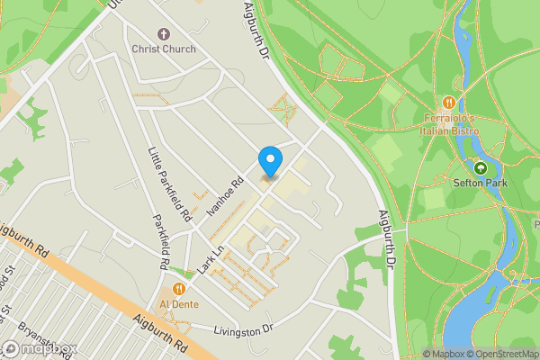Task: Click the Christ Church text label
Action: pyautogui.click(x=163, y=48)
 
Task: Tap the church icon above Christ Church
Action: pyautogui.click(x=163, y=32)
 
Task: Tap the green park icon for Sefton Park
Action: pyautogui.click(x=481, y=166)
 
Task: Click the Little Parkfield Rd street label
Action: pyautogui.click(x=170, y=184)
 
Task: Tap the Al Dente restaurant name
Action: pyautogui.click(x=178, y=303)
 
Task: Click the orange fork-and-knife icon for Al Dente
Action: pyautogui.click(x=178, y=288)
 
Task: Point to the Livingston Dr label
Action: pyautogui.click(x=242, y=332)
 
